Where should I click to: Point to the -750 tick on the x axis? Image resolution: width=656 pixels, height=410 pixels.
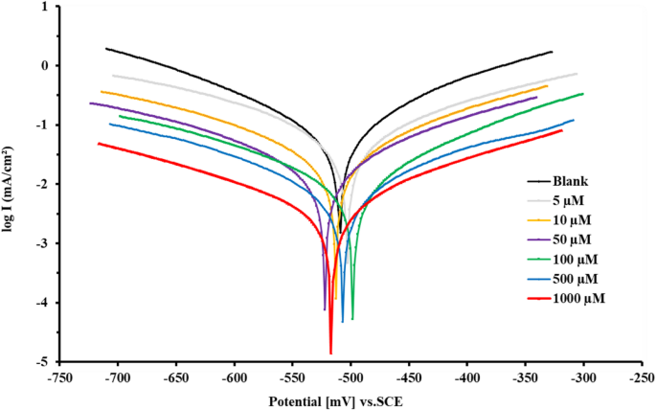click(59, 378)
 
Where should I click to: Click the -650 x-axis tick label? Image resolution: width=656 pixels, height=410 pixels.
click(176, 378)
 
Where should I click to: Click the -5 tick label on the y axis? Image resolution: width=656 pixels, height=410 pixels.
click(43, 362)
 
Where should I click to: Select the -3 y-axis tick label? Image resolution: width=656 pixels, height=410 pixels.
click(43, 244)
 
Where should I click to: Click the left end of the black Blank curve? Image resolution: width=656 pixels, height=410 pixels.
click(106, 48)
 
